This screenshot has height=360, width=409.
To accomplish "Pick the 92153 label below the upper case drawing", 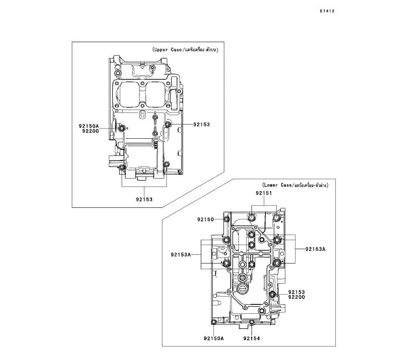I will (x=144, y=200).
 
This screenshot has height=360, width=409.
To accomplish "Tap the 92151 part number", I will (x=265, y=193).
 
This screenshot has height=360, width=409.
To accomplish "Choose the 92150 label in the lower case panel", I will (x=206, y=219).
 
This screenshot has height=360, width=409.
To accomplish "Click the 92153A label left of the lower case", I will (x=181, y=254).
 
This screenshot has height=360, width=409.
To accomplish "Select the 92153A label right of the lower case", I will (x=315, y=249).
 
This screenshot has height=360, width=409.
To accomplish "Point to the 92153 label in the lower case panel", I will (x=297, y=292).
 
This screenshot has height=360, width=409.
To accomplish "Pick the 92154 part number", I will (x=251, y=338).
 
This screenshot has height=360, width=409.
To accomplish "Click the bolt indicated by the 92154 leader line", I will (x=252, y=324).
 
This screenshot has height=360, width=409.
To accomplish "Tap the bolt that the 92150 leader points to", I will (x=227, y=220).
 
